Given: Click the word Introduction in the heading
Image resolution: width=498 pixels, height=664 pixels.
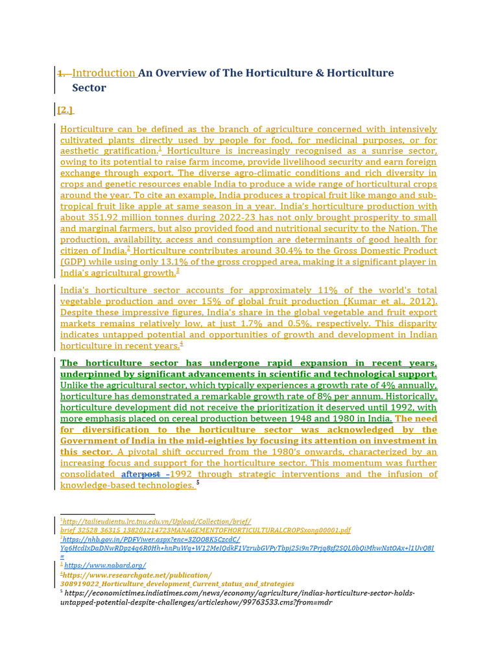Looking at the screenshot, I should coord(104,73).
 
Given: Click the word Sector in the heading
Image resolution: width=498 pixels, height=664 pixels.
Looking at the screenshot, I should coord(89,88).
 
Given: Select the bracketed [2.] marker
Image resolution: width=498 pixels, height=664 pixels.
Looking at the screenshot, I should coord(65,110).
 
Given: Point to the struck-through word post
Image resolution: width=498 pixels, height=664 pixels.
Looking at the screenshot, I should coord(151,474).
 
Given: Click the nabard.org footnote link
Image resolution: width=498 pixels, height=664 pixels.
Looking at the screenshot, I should coord(105,565).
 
